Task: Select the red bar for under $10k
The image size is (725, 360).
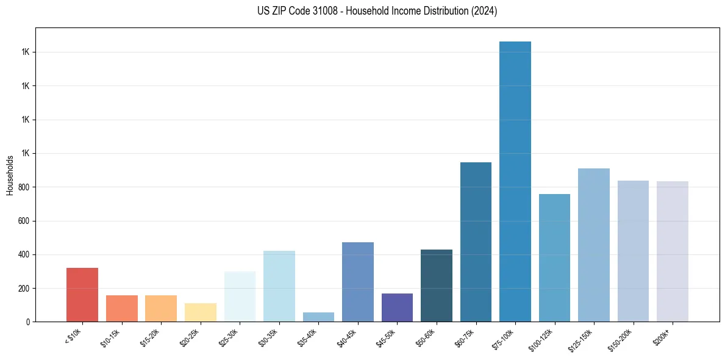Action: pyautogui.click(x=82, y=294)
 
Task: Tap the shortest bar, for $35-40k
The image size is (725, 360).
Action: pyautogui.click(x=318, y=317)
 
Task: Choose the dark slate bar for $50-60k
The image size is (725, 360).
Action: pyautogui.click(x=437, y=285)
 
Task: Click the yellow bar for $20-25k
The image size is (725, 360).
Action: pyautogui.click(x=201, y=312)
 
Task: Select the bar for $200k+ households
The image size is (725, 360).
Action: pyautogui.click(x=672, y=251)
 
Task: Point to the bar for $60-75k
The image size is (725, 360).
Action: pyautogui.click(x=476, y=242)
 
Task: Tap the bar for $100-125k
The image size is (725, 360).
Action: pyautogui.click(x=554, y=257)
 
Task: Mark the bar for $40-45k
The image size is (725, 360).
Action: pyautogui.click(x=358, y=281)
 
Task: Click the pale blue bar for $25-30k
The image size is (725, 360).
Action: pyautogui.click(x=240, y=296)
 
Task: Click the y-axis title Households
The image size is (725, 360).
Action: pyautogui.click(x=10, y=175)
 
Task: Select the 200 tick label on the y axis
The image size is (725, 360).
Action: pyautogui.click(x=25, y=288)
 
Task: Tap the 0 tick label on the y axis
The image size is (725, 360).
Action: pyautogui.click(x=29, y=322)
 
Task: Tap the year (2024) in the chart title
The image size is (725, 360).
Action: pyautogui.click(x=484, y=11)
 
